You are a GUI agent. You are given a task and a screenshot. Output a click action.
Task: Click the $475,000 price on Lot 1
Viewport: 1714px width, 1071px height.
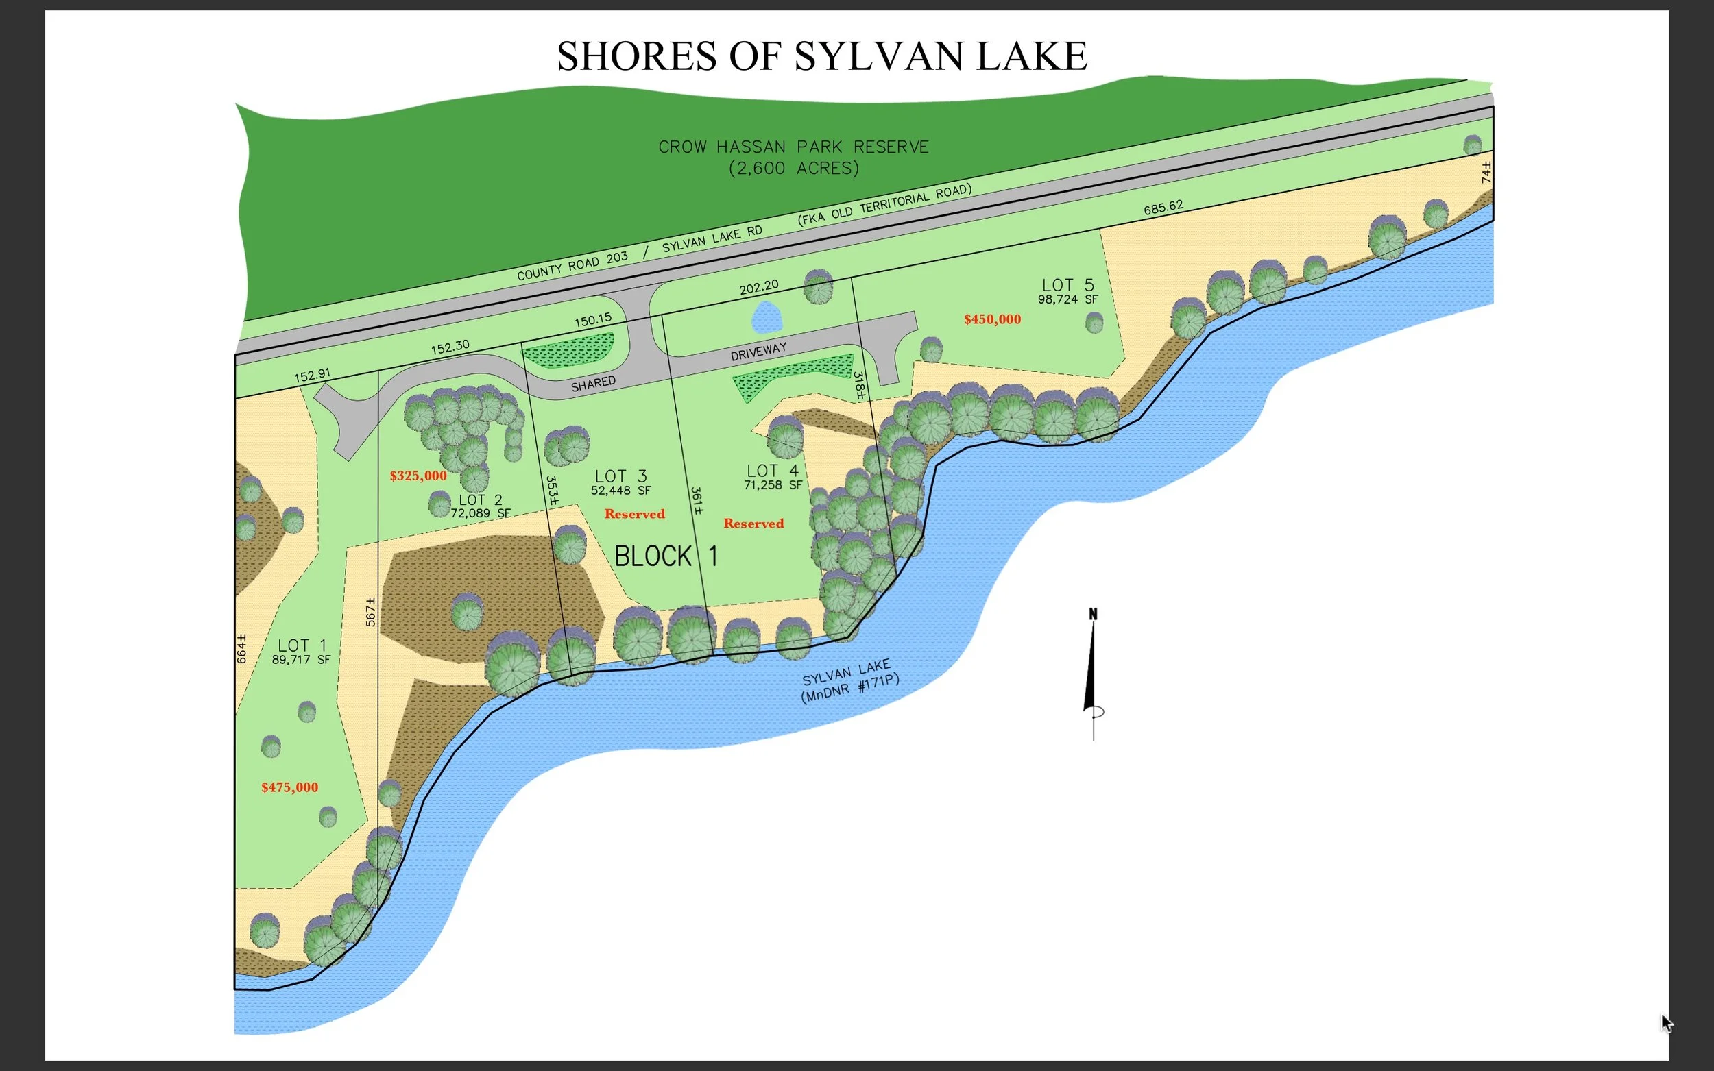tap(289, 787)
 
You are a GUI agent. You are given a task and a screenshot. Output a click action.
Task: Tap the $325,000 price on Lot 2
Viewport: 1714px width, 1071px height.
tap(418, 476)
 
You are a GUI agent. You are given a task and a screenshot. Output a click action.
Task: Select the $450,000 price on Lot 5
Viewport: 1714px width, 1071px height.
tap(992, 319)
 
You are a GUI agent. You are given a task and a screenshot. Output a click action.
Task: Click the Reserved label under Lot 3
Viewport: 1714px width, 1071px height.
tap(634, 513)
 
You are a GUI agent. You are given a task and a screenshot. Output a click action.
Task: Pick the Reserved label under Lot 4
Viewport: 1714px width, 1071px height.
tap(753, 524)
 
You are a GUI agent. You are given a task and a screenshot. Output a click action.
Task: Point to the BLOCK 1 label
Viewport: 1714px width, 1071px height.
tap(665, 556)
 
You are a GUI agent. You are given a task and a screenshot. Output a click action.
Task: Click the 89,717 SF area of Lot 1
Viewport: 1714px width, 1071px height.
tap(301, 659)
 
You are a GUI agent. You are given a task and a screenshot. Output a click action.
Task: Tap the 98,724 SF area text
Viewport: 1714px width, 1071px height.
tap(1067, 299)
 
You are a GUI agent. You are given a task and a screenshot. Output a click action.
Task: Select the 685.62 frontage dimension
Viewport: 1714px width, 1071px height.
tap(1163, 208)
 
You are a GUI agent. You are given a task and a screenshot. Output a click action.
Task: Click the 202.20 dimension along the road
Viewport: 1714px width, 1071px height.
tap(758, 287)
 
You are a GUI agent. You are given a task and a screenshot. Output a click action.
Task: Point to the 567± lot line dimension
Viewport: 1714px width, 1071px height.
tap(370, 611)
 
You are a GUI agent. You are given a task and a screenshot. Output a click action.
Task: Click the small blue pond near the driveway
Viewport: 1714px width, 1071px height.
tap(766, 317)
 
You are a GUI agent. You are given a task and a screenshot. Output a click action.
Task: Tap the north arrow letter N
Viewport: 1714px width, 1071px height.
tap(1093, 614)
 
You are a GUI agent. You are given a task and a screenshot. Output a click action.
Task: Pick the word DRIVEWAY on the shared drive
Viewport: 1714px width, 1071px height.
tap(758, 352)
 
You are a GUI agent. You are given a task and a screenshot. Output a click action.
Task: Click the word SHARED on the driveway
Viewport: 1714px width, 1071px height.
tap(593, 383)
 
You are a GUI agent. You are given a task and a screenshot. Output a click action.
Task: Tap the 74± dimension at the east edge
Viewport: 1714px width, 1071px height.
tap(1486, 172)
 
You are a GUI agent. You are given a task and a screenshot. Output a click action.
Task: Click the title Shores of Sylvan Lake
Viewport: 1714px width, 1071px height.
tap(821, 56)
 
